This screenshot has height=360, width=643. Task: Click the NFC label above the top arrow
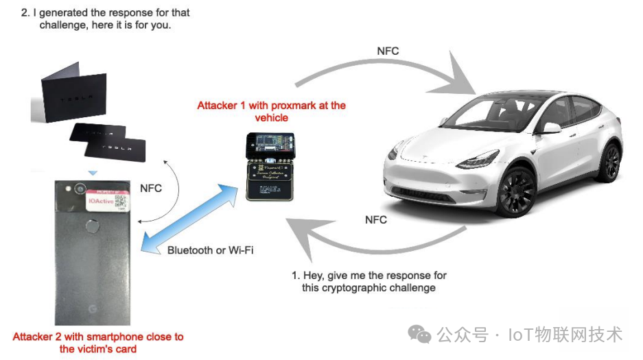388,51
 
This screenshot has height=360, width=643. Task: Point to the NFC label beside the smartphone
151,188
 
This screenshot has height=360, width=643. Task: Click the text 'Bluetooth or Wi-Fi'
210,250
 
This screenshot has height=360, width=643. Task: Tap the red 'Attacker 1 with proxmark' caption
271,111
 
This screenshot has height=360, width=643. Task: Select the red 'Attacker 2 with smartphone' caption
98,342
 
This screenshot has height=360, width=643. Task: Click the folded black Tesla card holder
69,100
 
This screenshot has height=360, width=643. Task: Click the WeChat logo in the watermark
419,334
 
